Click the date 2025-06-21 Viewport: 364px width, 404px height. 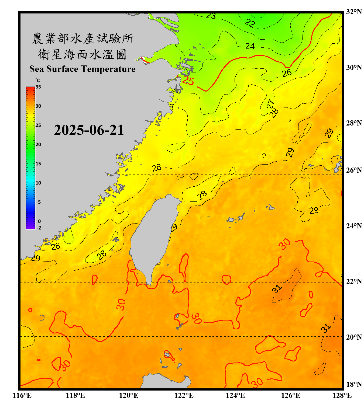[89, 130]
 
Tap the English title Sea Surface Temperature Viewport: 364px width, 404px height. [83, 69]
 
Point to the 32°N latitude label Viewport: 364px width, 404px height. [354, 12]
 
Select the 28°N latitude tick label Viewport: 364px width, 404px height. [354, 123]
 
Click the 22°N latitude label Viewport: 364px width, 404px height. [354, 281]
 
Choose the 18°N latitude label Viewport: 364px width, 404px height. [354, 384]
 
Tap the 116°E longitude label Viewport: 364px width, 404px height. [22, 395]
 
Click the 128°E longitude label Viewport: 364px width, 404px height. [342, 395]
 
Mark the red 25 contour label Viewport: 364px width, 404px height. [188, 81]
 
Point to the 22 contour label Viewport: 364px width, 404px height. [250, 23]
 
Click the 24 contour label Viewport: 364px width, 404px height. [250, 46]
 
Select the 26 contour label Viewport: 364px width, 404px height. [287, 73]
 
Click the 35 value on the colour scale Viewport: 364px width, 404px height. [38, 87]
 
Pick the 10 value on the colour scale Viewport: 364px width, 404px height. [38, 183]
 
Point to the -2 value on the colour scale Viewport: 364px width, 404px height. [39, 228]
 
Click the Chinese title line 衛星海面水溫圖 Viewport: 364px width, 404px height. [83, 54]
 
